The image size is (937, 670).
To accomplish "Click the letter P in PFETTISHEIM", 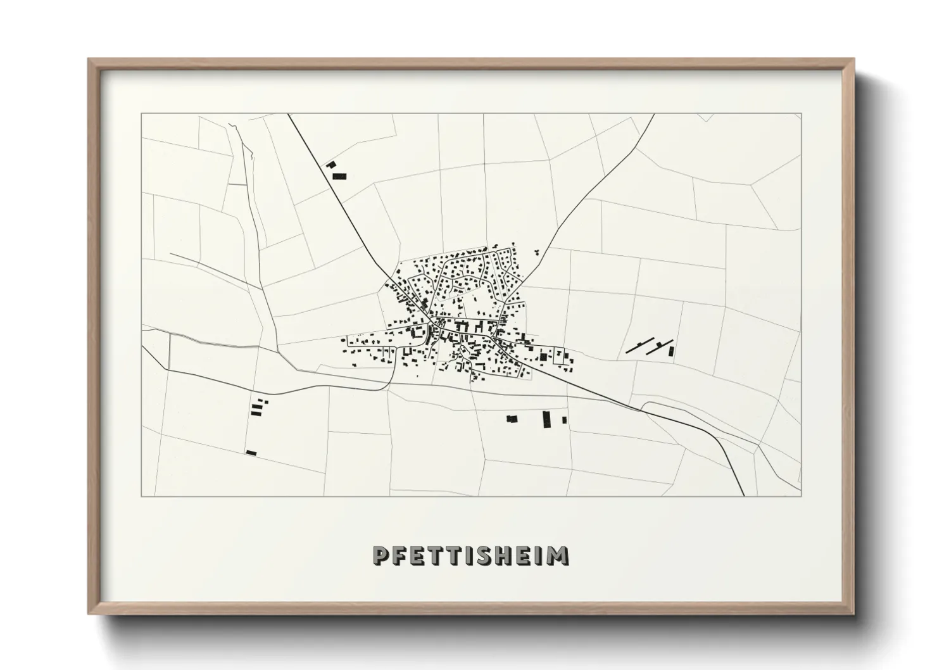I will (x=381, y=555).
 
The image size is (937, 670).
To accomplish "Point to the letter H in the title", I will (x=505, y=555).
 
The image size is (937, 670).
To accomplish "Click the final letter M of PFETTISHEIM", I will (x=558, y=555).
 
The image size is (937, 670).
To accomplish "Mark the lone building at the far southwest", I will (x=251, y=452).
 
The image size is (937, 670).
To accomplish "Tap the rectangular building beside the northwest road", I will (x=340, y=176).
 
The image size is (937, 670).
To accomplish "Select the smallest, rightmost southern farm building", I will (x=564, y=420).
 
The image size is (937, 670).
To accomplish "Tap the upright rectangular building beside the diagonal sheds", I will (x=671, y=350).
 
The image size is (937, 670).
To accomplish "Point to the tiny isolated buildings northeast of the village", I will (x=538, y=251).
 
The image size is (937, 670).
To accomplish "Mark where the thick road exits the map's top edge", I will (x=288, y=115).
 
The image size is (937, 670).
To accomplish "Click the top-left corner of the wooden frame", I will (x=89, y=59).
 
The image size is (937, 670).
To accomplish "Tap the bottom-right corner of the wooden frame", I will (x=853, y=614).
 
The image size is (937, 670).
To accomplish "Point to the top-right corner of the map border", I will (x=801, y=114).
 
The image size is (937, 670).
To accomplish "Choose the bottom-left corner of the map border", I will (x=141, y=495).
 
